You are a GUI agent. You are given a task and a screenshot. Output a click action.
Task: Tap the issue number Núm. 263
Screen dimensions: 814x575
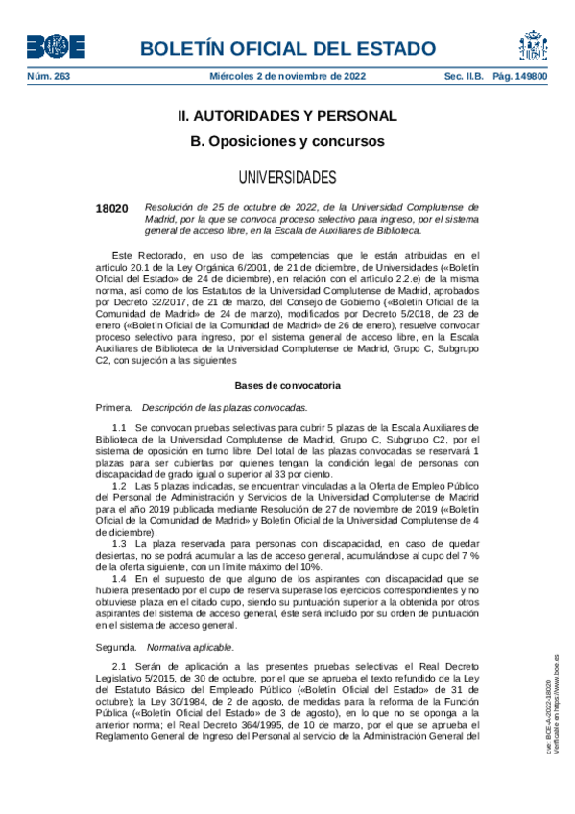tap(49, 77)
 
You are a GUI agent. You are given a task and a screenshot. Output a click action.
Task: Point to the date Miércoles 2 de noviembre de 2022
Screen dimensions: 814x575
tap(287, 77)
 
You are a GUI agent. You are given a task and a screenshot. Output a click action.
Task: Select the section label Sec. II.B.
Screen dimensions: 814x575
tap(463, 77)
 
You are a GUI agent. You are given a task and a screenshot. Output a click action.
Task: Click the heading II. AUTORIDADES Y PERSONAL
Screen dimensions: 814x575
tap(287, 116)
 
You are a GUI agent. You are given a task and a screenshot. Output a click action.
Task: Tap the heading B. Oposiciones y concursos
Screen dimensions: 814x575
tap(287, 141)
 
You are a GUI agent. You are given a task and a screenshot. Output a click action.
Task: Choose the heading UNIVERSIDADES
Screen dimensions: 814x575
tap(287, 178)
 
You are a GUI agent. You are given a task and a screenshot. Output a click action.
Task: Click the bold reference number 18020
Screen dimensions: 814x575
tap(112, 208)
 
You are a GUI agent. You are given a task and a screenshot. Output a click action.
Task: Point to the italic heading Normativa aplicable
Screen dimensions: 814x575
tap(193, 647)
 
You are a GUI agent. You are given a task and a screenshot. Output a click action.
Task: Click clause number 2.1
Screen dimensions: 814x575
tap(120, 666)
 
